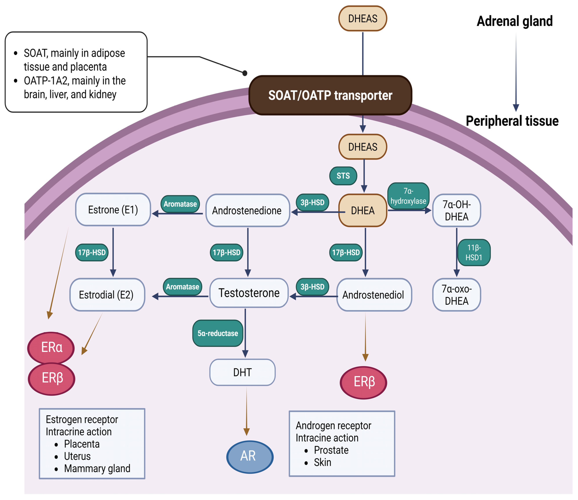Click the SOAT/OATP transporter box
click(330, 95)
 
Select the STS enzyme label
click(343, 176)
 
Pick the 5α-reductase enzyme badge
click(218, 333)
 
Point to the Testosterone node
click(249, 293)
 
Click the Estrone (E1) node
click(113, 210)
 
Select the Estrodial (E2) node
click(107, 295)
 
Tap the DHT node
click(242, 372)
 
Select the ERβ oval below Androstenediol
click(364, 382)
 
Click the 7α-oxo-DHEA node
click(456, 295)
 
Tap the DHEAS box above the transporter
click(363, 18)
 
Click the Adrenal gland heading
click(515, 21)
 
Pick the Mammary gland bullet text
click(97, 469)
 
